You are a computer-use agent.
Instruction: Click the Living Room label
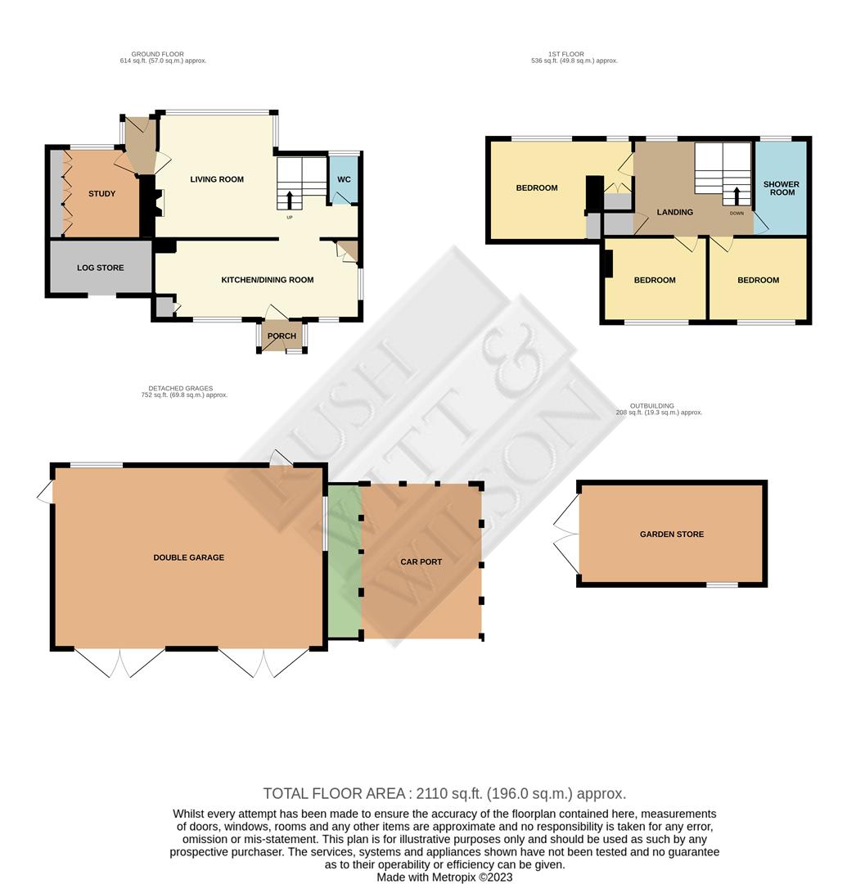pyautogui.click(x=217, y=179)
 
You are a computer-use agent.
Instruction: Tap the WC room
pyautogui.click(x=344, y=178)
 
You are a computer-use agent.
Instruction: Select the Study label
pyautogui.click(x=102, y=193)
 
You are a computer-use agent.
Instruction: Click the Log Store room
pyautogui.click(x=101, y=267)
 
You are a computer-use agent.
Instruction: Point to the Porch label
pyautogui.click(x=282, y=336)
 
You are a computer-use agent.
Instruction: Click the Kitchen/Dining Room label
pyautogui.click(x=268, y=280)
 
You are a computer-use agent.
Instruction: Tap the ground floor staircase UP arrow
pyautogui.click(x=290, y=201)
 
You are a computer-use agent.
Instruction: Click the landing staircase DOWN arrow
pyautogui.click(x=737, y=196)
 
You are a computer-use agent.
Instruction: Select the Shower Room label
pyautogui.click(x=782, y=188)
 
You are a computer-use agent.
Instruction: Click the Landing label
pyautogui.click(x=675, y=212)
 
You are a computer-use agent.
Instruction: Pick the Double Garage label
pyautogui.click(x=189, y=557)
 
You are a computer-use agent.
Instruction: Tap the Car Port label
pyautogui.click(x=421, y=562)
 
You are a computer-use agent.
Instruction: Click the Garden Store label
pyautogui.click(x=672, y=534)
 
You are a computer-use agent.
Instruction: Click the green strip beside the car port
pyautogui.click(x=345, y=562)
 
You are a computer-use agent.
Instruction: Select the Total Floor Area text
pyautogui.click(x=444, y=794)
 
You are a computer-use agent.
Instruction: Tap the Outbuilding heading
pyautogui.click(x=652, y=406)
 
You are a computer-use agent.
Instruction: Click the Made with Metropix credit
pyautogui.click(x=444, y=877)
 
